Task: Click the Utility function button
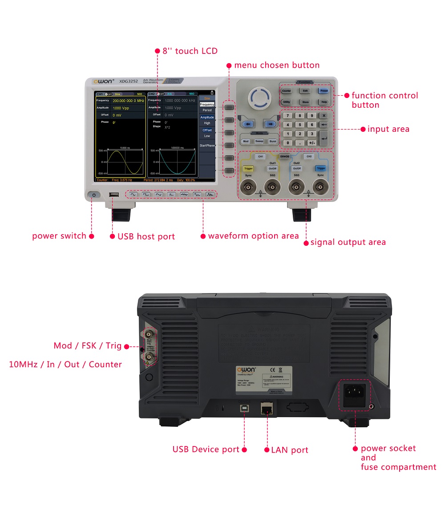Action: coord(286,102)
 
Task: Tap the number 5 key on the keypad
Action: coord(300,125)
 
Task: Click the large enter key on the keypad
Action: coord(324,138)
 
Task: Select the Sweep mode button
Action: coord(259,141)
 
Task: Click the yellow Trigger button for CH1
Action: coord(248,168)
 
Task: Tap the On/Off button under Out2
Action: coord(296,168)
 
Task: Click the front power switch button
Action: coord(94,195)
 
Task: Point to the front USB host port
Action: coord(114,195)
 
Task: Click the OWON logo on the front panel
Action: coord(104,81)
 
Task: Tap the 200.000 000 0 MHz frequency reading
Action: coord(128,101)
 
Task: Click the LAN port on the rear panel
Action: coord(267,408)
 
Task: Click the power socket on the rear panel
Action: coord(355,394)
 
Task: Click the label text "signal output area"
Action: coord(348,242)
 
